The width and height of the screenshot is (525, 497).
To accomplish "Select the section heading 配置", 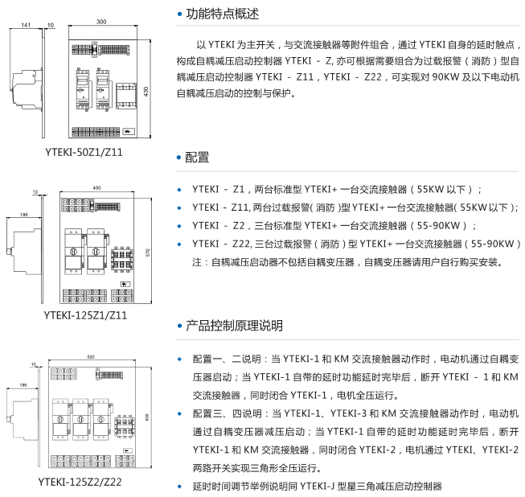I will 197,157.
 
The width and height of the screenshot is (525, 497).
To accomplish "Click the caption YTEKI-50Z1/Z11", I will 84,151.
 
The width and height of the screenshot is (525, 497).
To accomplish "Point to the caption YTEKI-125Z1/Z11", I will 84,314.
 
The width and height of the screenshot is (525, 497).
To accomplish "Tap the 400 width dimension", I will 96,187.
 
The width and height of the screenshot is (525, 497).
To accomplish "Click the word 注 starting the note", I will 197,262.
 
